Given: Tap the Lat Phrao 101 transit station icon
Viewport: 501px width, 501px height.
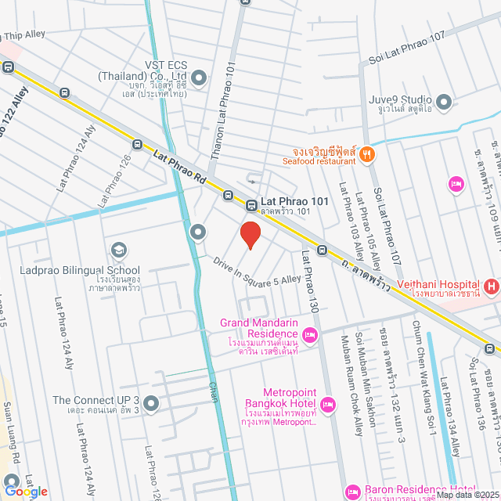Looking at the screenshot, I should coord(252,206).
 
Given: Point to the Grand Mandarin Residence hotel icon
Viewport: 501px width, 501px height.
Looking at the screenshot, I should coord(310,335).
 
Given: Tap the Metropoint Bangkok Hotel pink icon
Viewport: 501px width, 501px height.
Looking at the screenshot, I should coord(328,405).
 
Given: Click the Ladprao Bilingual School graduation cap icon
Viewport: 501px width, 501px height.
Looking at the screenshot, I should coord(119,250).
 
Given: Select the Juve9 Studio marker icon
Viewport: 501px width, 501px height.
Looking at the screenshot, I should coord(444,101).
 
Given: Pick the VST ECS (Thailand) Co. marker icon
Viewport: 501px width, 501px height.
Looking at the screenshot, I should coord(199,77).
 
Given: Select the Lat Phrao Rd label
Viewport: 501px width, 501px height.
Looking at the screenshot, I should coord(178,168).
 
